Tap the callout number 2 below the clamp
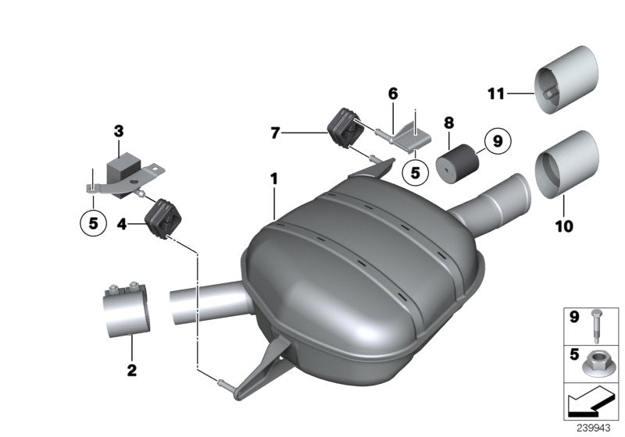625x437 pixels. pyautogui.click(x=131, y=368)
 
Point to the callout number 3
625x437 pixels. pyautogui.click(x=118, y=130)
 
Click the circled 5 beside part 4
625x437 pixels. pyautogui.click(x=93, y=223)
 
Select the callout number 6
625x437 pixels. pyautogui.click(x=393, y=94)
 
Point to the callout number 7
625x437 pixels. pyautogui.click(x=275, y=134)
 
